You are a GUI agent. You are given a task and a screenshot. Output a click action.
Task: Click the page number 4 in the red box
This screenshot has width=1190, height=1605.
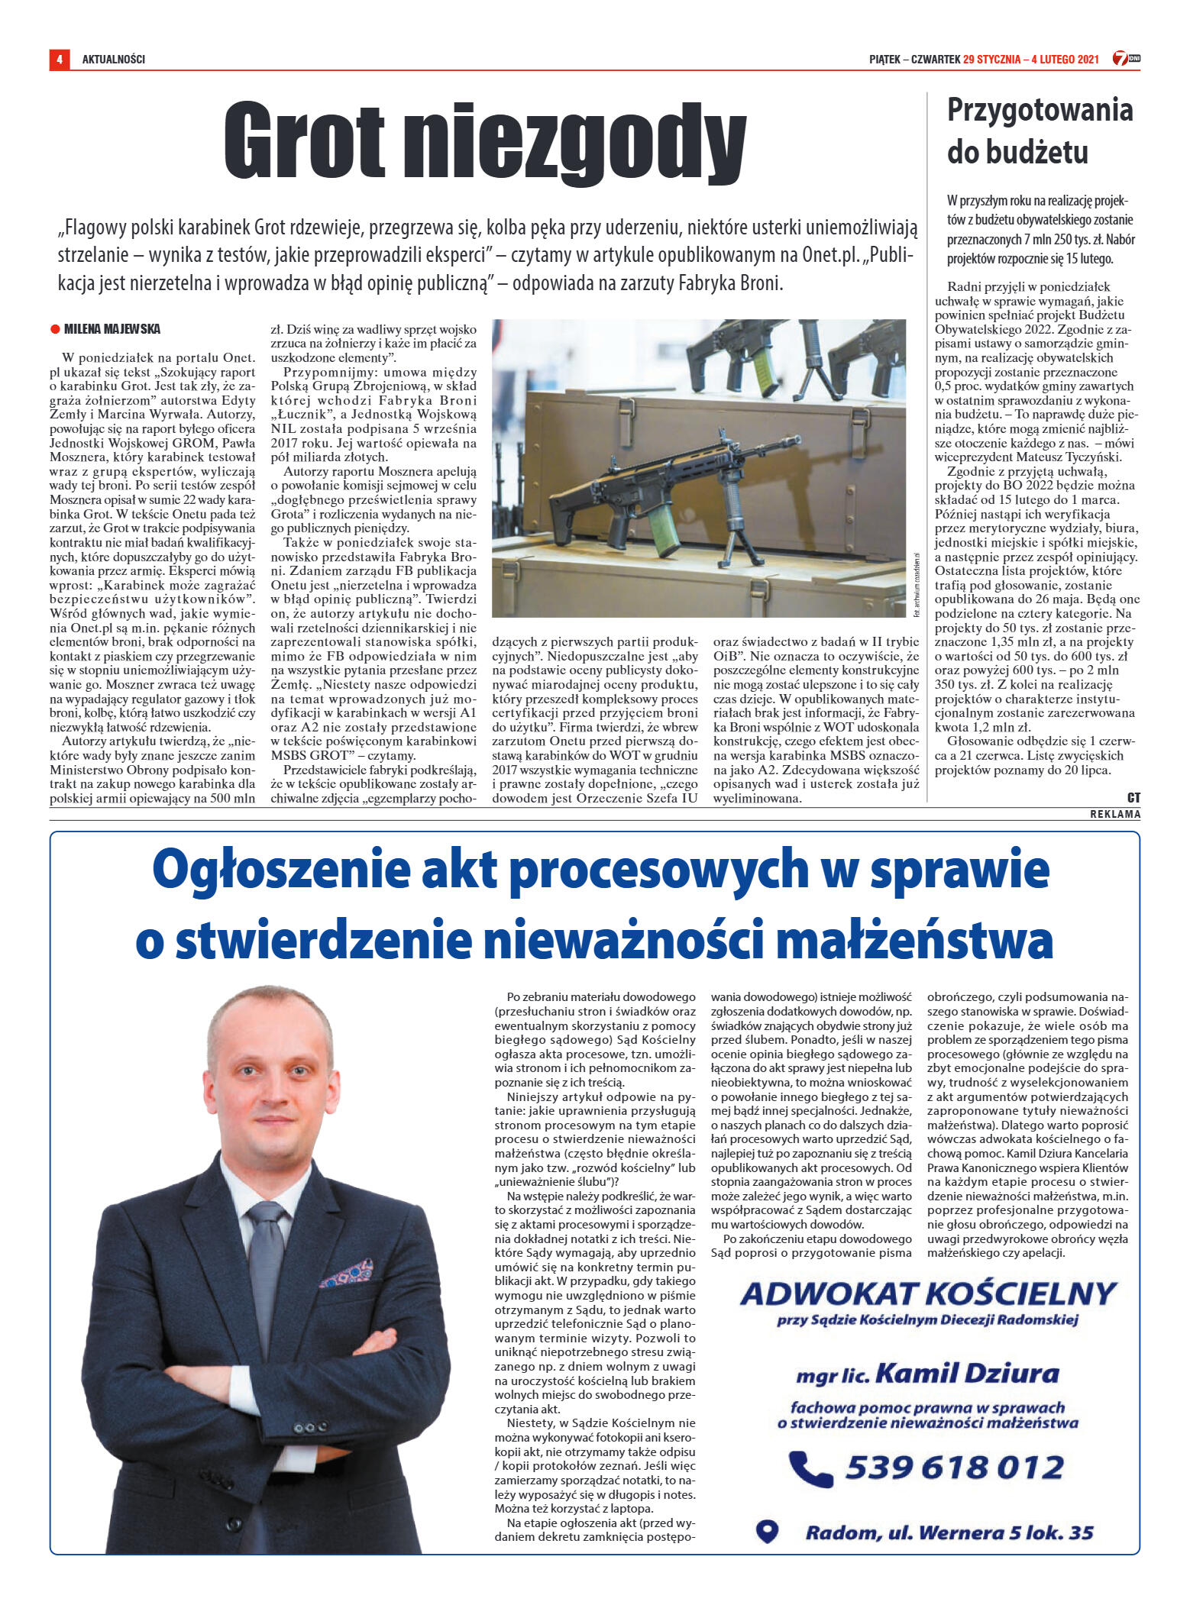(x=59, y=59)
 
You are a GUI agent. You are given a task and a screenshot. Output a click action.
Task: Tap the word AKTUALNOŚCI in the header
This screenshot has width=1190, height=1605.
(x=113, y=59)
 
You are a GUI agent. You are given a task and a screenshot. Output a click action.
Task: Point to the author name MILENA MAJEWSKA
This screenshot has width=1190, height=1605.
(x=112, y=329)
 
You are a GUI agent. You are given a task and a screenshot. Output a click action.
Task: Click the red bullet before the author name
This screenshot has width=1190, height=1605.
(x=55, y=329)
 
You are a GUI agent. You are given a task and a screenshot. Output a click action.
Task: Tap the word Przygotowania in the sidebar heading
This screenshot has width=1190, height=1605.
(x=1040, y=111)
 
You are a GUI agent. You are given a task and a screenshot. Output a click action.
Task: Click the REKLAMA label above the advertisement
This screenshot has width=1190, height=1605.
(x=1115, y=814)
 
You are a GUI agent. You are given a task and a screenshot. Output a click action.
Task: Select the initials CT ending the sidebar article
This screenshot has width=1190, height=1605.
(x=1133, y=797)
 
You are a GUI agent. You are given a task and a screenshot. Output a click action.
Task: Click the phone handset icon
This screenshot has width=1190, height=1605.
(x=809, y=1467)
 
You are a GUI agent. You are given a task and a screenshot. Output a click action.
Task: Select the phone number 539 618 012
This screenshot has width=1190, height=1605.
(x=955, y=1467)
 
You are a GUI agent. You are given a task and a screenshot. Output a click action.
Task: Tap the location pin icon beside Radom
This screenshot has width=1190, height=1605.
(x=767, y=1531)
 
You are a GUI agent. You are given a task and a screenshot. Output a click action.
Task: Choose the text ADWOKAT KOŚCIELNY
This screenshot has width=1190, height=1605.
(x=928, y=1293)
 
